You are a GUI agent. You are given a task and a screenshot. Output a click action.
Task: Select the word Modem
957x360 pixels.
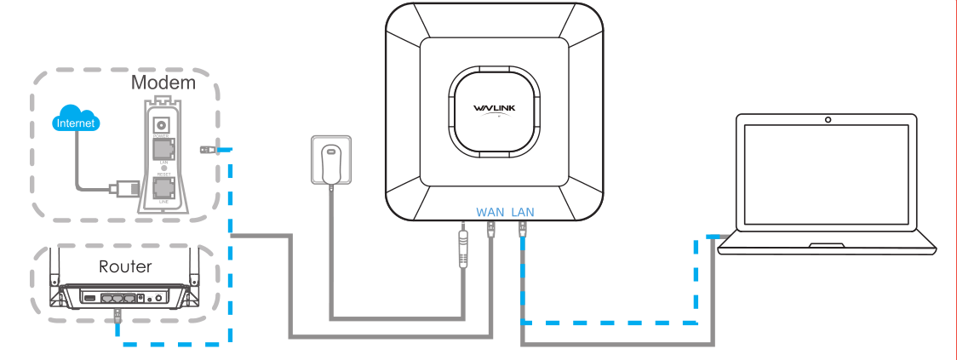click(163, 83)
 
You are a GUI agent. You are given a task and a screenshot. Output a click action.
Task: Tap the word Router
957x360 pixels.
click(125, 266)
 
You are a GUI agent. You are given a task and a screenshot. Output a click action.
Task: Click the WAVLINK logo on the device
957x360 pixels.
click(494, 108)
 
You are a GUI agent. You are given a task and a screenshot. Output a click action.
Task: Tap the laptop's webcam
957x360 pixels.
click(827, 120)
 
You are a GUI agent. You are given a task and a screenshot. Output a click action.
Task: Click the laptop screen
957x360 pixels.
click(827, 179)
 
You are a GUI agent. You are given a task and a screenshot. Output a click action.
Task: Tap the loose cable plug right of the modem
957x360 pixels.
click(206, 150)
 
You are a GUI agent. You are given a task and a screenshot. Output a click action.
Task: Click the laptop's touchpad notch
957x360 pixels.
click(827, 245)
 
